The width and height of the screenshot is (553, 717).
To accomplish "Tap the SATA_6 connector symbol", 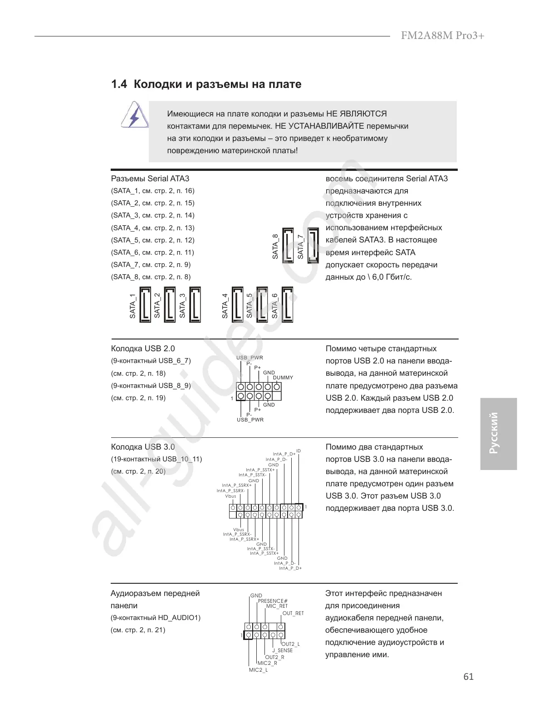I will click(x=287, y=305).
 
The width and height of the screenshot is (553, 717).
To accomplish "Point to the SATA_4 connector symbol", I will click(x=237, y=305).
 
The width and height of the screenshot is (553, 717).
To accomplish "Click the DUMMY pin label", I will click(x=283, y=378).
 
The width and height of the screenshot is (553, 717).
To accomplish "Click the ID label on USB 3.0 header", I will click(x=299, y=451).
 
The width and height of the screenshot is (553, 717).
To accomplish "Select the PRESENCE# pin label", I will click(x=273, y=601).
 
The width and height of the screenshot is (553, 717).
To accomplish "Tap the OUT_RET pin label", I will click(x=293, y=613).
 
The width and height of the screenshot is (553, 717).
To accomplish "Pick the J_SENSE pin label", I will click(x=282, y=650).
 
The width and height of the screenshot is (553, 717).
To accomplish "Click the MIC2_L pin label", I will click(x=258, y=670).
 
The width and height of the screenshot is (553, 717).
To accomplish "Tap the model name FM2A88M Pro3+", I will click(x=442, y=36).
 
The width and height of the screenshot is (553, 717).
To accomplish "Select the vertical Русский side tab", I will click(x=498, y=433).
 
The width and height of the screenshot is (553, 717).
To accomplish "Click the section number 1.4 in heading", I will click(x=119, y=84).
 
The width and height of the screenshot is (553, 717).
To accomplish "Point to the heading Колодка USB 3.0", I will click(x=143, y=447).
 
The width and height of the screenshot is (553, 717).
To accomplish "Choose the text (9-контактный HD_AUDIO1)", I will click(x=156, y=618).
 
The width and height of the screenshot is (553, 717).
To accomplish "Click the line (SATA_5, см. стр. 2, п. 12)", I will click(x=152, y=240).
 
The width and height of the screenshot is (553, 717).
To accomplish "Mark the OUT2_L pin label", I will click(x=291, y=644).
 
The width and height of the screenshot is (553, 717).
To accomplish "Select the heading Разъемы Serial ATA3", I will click(x=150, y=179).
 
